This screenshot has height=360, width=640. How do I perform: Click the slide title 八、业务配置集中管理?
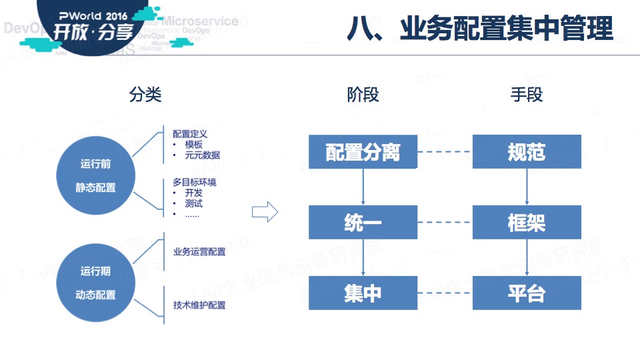tap(479, 29)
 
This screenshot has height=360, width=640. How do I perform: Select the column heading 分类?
tap(145, 95)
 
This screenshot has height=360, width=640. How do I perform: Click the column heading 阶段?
tap(363, 95)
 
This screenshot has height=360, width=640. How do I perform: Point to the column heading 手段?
tap(527, 95)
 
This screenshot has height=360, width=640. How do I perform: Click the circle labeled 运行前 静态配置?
tap(96, 175)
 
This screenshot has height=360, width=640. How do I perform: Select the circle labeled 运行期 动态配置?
tap(96, 283)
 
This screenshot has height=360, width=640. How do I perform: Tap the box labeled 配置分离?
tap(363, 152)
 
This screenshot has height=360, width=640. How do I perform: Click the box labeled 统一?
tap(363, 222)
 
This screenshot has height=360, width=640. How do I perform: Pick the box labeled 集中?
tap(363, 293)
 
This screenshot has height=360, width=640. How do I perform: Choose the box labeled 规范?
tap(527, 152)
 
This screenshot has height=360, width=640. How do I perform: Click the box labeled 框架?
tap(527, 222)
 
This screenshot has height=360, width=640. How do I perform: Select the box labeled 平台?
tap(527, 293)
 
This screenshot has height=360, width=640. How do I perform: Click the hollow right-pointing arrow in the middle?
tap(265, 212)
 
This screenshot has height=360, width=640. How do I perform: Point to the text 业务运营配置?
tap(199, 252)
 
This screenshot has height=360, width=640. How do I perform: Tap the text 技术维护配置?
tap(199, 305)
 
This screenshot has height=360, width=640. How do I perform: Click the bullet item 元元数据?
tap(203, 155)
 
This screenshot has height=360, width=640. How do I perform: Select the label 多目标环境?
tap(194, 182)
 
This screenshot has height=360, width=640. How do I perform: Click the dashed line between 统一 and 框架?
tap(445, 222)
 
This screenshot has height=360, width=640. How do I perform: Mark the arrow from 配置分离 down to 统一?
tap(363, 187)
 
